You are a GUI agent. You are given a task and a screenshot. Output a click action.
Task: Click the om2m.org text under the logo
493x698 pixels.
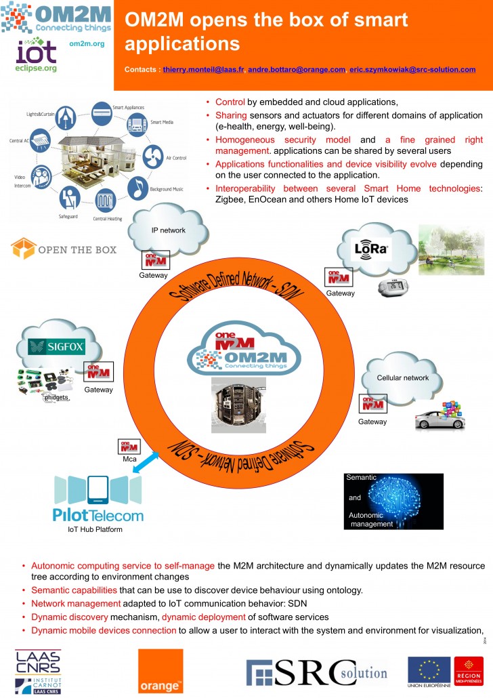tap(87, 43)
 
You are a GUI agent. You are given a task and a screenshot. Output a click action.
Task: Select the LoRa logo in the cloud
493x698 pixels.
tap(371, 250)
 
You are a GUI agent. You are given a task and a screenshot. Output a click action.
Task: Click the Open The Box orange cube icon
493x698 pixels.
tap(22, 249)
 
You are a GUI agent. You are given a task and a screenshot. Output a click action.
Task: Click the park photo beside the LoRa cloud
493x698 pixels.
tap(451, 251)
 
